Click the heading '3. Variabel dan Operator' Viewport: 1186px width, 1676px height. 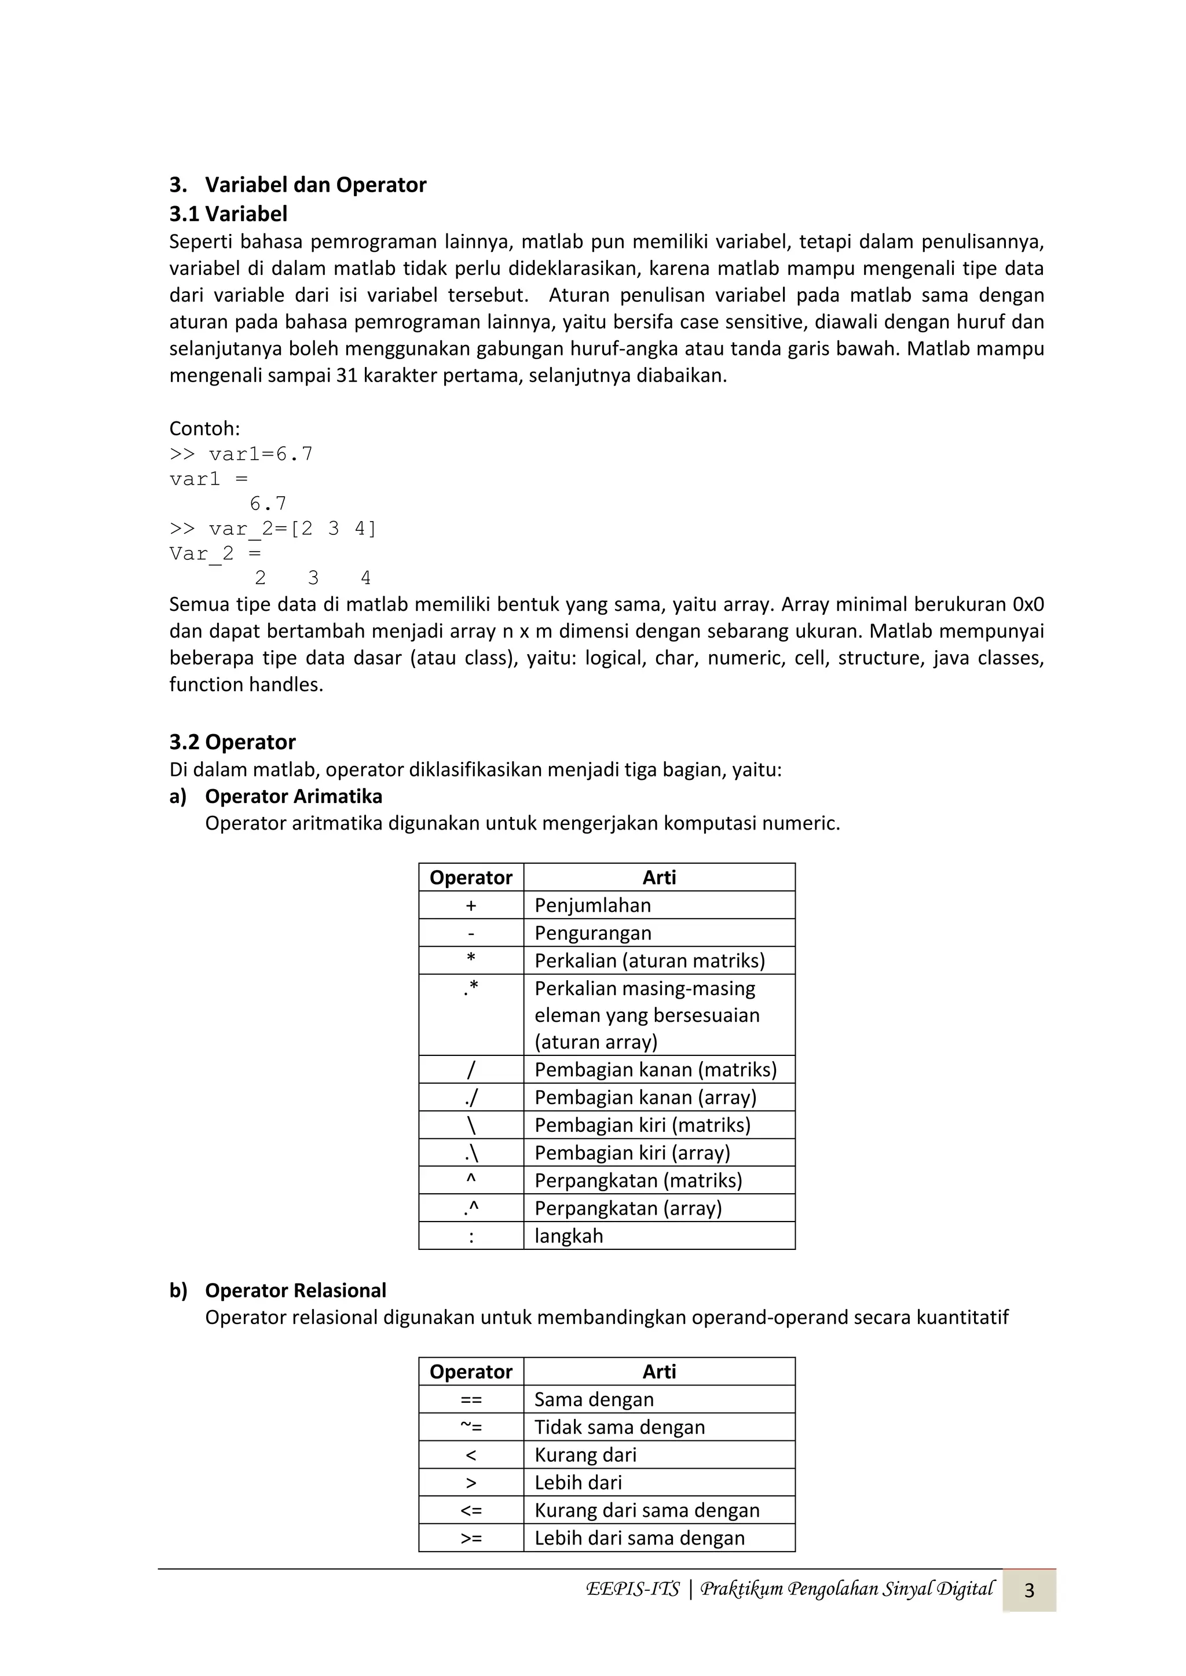298,185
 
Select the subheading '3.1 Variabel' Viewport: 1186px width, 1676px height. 229,214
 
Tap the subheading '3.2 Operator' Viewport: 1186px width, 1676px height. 232,742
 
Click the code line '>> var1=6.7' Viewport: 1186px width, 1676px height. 241,454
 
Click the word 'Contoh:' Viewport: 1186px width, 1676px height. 204,428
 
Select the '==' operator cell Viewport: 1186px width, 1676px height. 471,1399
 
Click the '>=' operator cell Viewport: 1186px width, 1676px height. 471,1538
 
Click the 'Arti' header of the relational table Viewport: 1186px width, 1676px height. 658,1371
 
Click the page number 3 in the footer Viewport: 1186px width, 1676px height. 1029,1590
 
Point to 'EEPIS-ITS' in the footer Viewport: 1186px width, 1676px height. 632,1589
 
